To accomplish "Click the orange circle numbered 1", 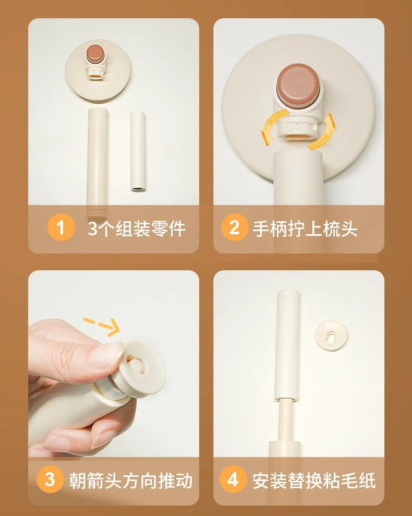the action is (x=61, y=227).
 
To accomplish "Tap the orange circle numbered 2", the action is (x=234, y=227).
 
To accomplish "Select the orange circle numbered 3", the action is (x=50, y=479).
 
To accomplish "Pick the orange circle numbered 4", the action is (x=233, y=479).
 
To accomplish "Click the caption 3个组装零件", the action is (x=137, y=228).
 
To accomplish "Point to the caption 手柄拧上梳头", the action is (x=305, y=228).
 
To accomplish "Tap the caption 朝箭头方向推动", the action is (x=131, y=480).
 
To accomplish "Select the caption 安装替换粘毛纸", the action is (x=314, y=480).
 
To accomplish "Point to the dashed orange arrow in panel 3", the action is (x=102, y=326).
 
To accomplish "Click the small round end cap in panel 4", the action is (x=330, y=335).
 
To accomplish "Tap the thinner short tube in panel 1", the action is (x=138, y=152).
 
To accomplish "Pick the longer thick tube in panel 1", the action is (x=98, y=163).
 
